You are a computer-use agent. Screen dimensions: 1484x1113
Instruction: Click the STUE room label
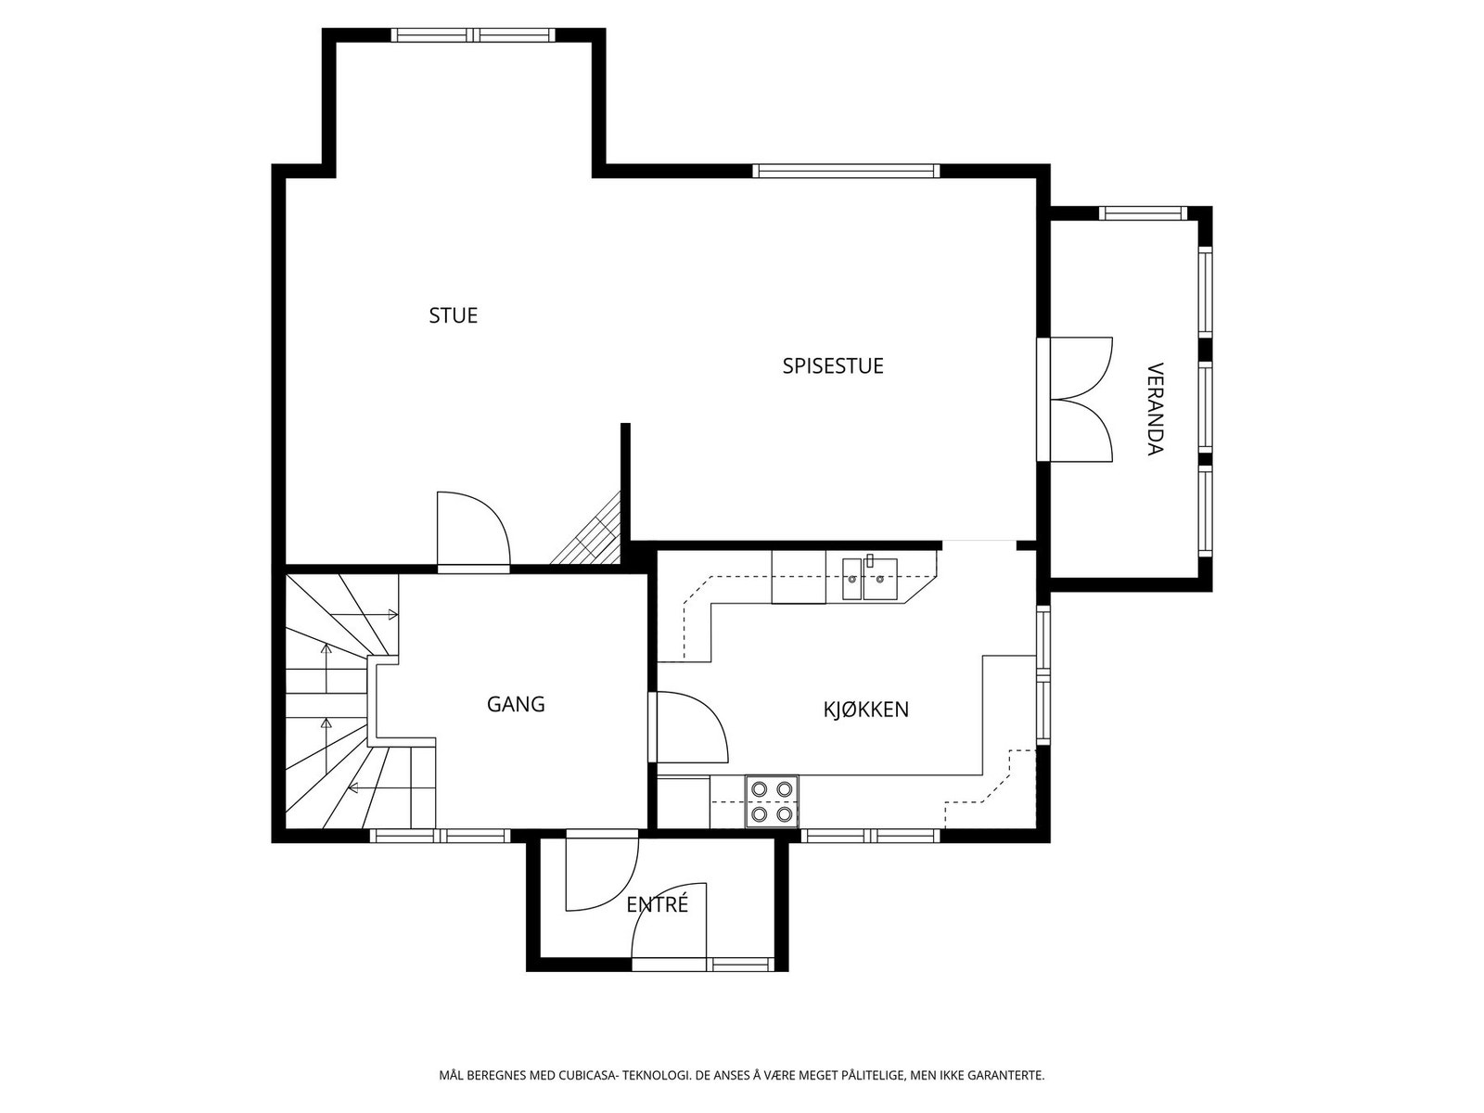click(453, 315)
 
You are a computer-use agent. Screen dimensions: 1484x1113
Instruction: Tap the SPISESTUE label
click(832, 365)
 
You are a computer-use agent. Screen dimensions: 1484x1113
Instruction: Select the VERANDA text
click(1156, 410)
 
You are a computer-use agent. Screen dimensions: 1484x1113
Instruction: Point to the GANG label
click(515, 704)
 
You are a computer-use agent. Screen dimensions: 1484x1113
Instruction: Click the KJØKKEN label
click(865, 710)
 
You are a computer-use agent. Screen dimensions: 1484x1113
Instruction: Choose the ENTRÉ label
click(658, 904)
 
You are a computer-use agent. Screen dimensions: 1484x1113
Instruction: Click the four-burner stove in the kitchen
click(772, 800)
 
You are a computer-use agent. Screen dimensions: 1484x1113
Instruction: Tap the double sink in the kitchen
click(869, 579)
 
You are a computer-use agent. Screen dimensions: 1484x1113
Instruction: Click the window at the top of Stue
click(473, 35)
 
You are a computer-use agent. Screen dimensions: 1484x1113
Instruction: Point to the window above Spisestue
click(847, 171)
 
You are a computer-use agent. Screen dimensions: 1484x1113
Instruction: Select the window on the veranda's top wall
click(1144, 213)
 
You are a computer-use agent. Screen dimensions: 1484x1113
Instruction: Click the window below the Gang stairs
click(441, 836)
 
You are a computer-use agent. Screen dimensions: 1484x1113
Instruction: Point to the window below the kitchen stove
click(871, 836)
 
